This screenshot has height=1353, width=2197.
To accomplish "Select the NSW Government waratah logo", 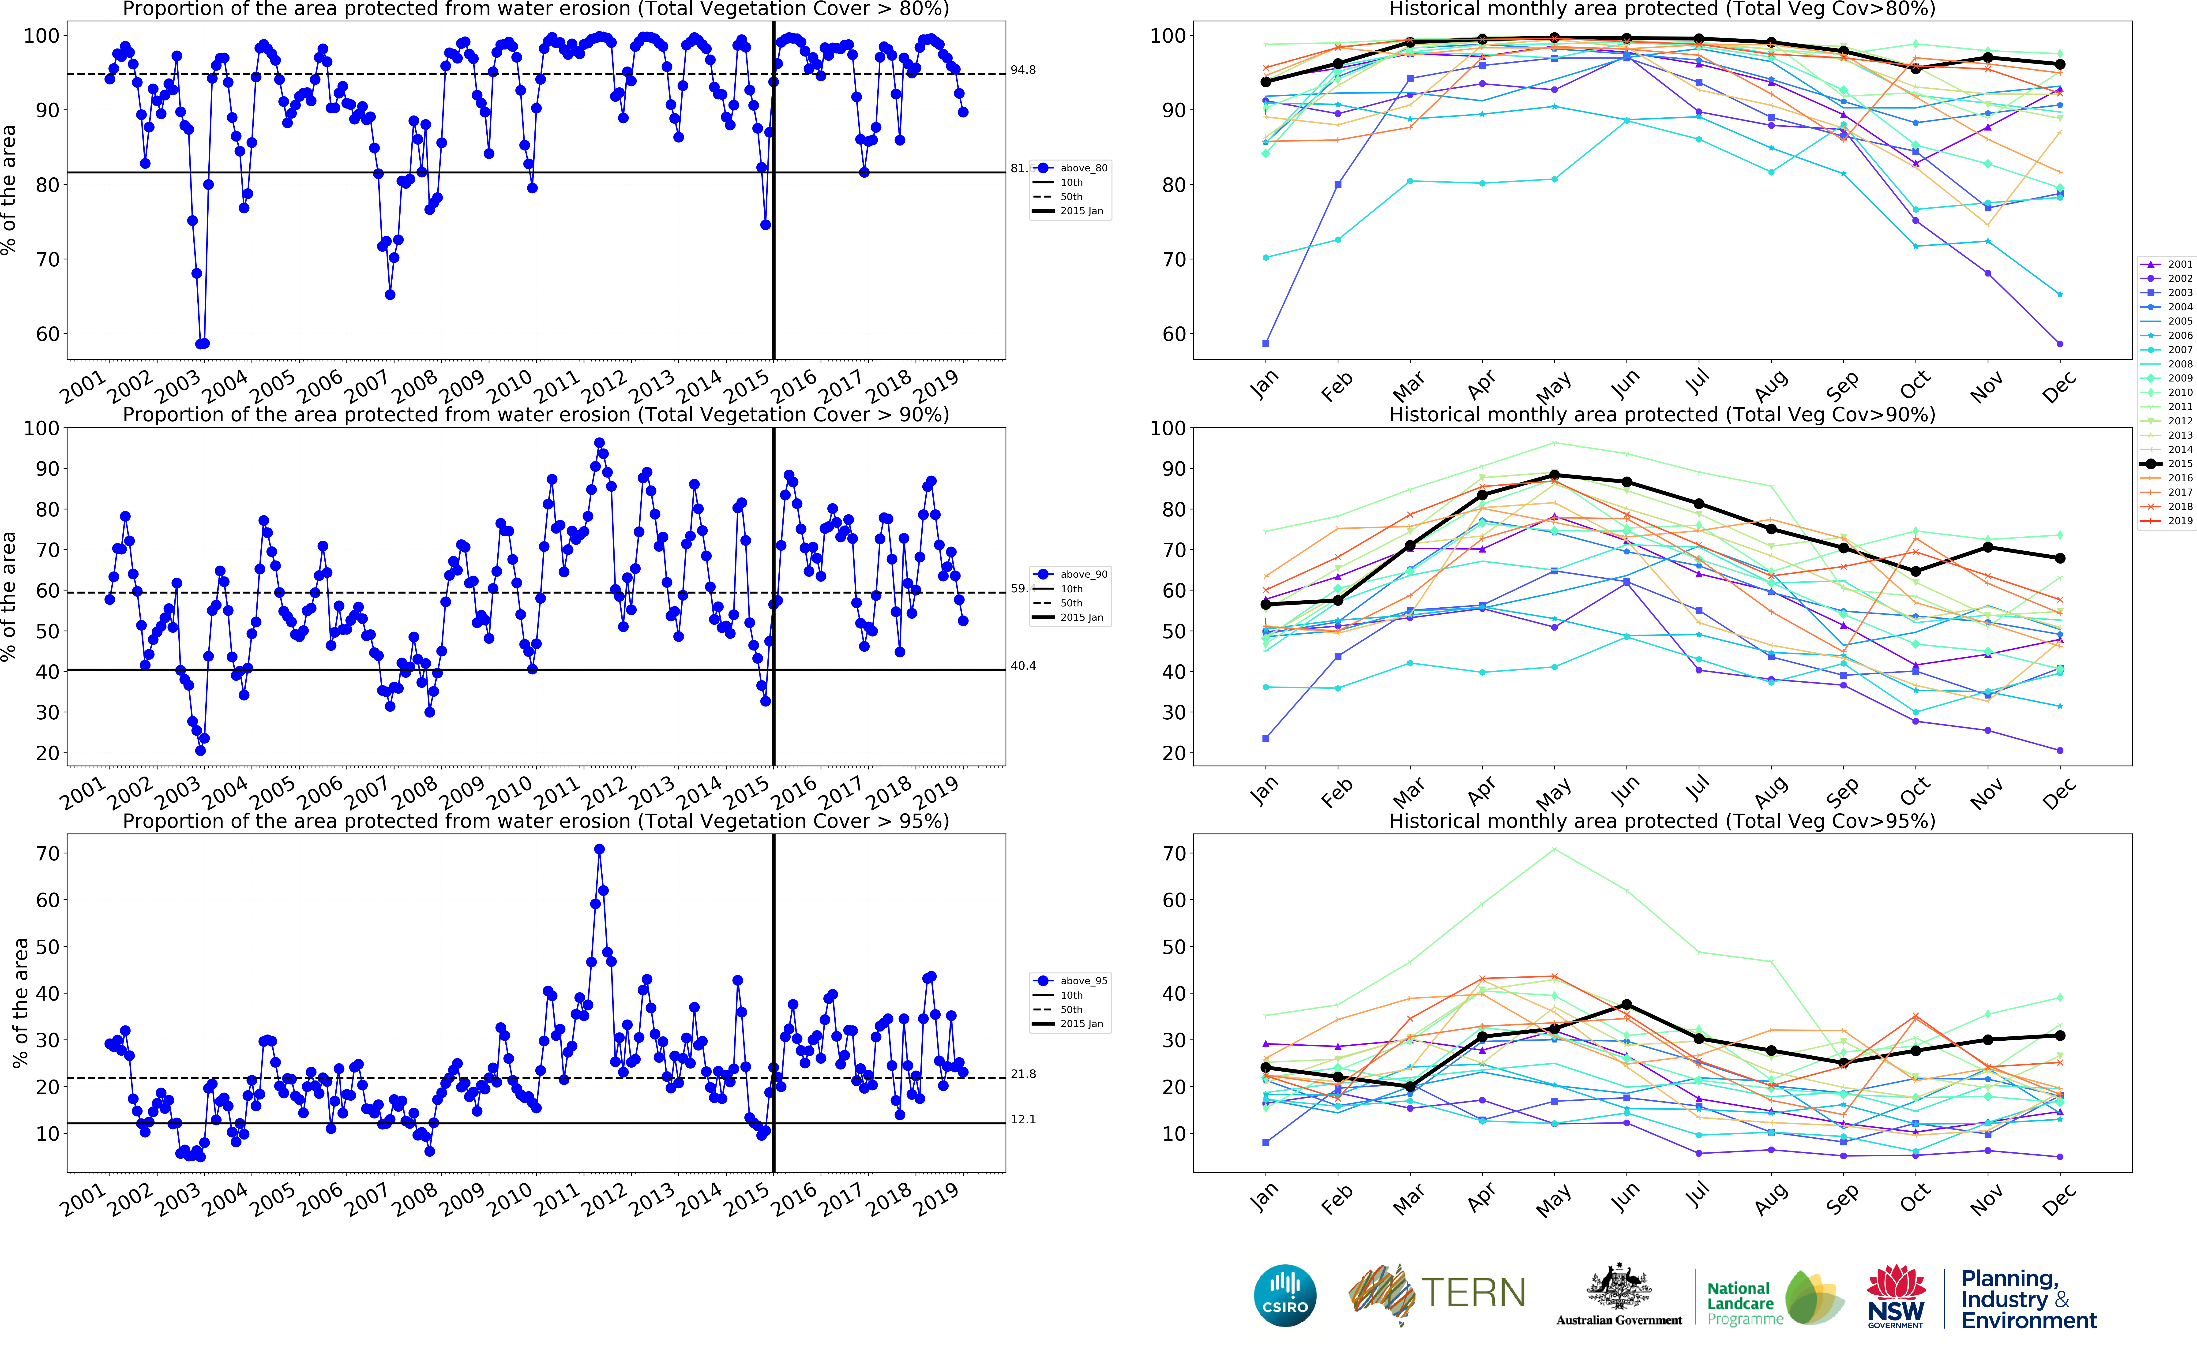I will click(x=1895, y=1295).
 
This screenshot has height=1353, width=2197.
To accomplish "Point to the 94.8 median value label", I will click(x=1023, y=70).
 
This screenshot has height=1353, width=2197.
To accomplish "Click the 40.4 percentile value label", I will click(x=1023, y=666).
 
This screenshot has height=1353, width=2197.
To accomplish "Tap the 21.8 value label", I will click(x=1023, y=1074).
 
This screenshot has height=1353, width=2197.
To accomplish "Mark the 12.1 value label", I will click(x=1023, y=1119).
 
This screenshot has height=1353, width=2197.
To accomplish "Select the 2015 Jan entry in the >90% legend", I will click(x=1081, y=617).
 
